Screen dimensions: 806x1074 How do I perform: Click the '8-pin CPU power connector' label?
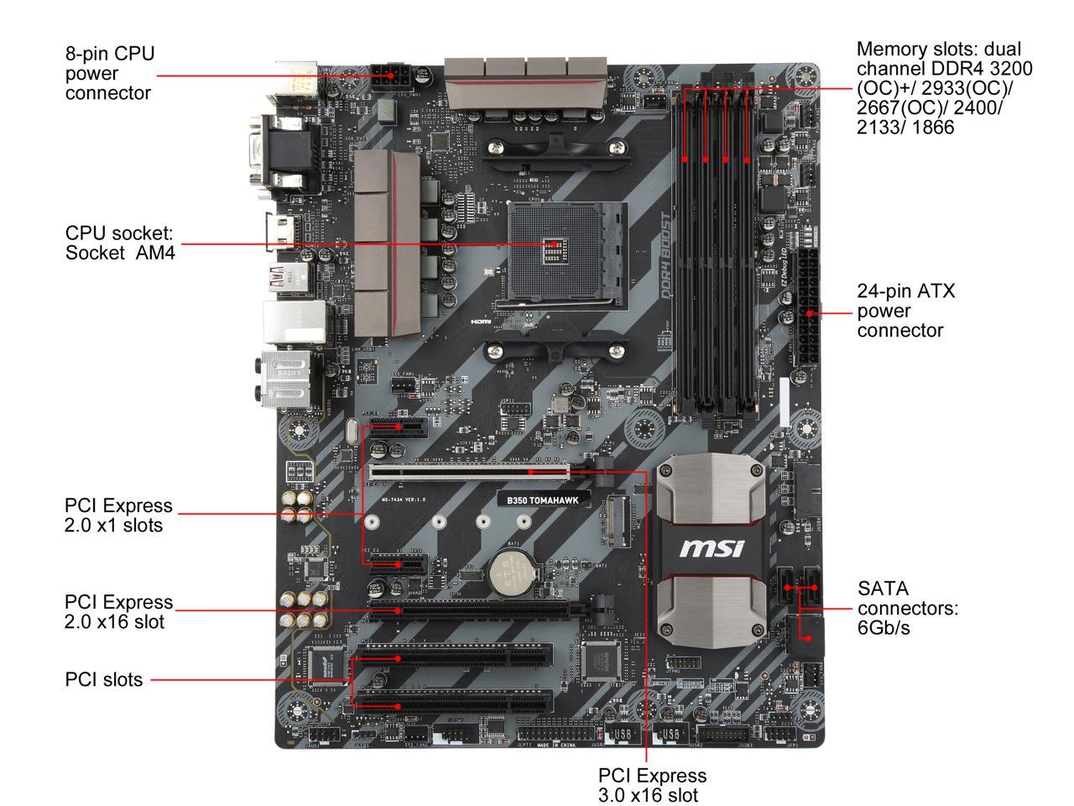pos(110,73)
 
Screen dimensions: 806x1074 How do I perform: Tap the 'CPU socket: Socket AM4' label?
pos(120,242)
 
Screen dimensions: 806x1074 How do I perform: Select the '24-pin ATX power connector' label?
pos(905,311)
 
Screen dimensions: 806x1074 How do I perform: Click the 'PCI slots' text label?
pos(103,679)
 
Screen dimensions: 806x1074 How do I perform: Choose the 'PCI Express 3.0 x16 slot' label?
pos(652,784)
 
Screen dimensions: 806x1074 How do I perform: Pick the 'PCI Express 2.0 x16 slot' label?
pos(118,612)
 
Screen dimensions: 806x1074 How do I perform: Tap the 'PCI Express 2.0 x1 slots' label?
pos(118,516)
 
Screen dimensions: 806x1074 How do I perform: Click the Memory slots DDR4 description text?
pos(944,87)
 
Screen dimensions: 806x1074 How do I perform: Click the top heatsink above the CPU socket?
pos(526,81)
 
